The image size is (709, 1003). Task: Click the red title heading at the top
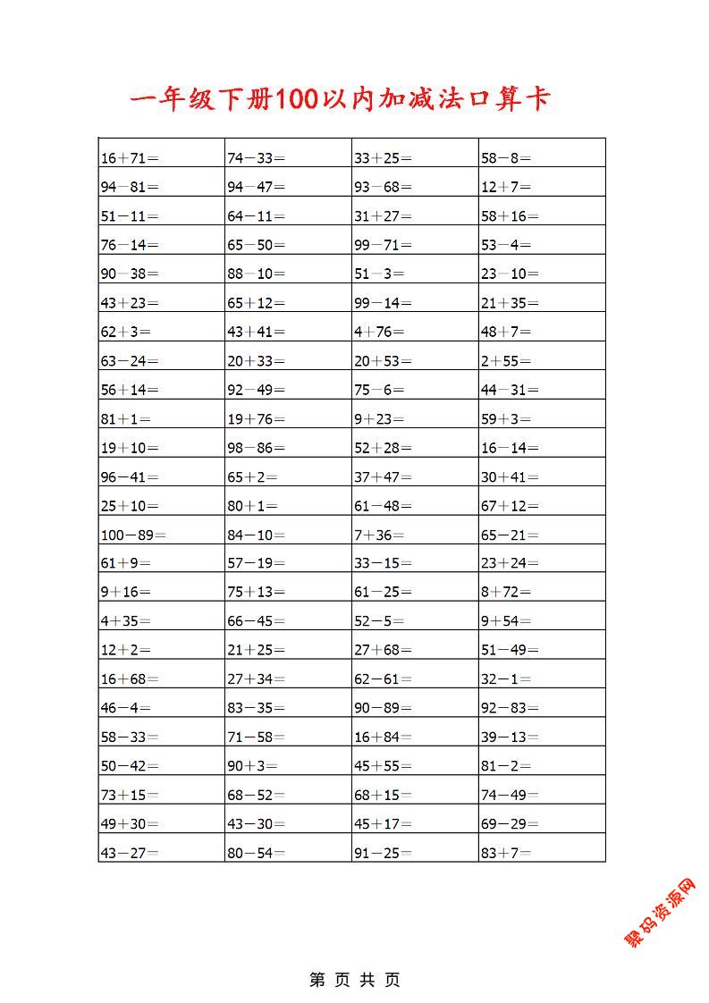click(x=339, y=99)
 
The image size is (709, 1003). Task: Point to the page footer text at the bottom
click(x=355, y=980)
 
